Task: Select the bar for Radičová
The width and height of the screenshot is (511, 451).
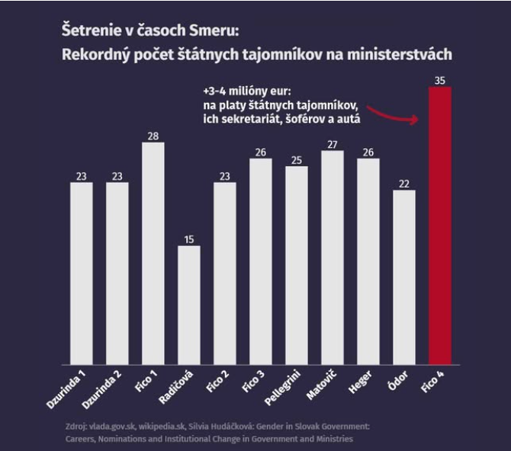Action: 189,305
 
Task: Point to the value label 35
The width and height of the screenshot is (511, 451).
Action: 440,79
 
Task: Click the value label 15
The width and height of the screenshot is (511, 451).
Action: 189,239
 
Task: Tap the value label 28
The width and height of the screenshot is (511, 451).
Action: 153,136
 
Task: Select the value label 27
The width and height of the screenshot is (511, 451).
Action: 333,144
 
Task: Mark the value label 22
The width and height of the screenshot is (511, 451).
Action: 404,183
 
